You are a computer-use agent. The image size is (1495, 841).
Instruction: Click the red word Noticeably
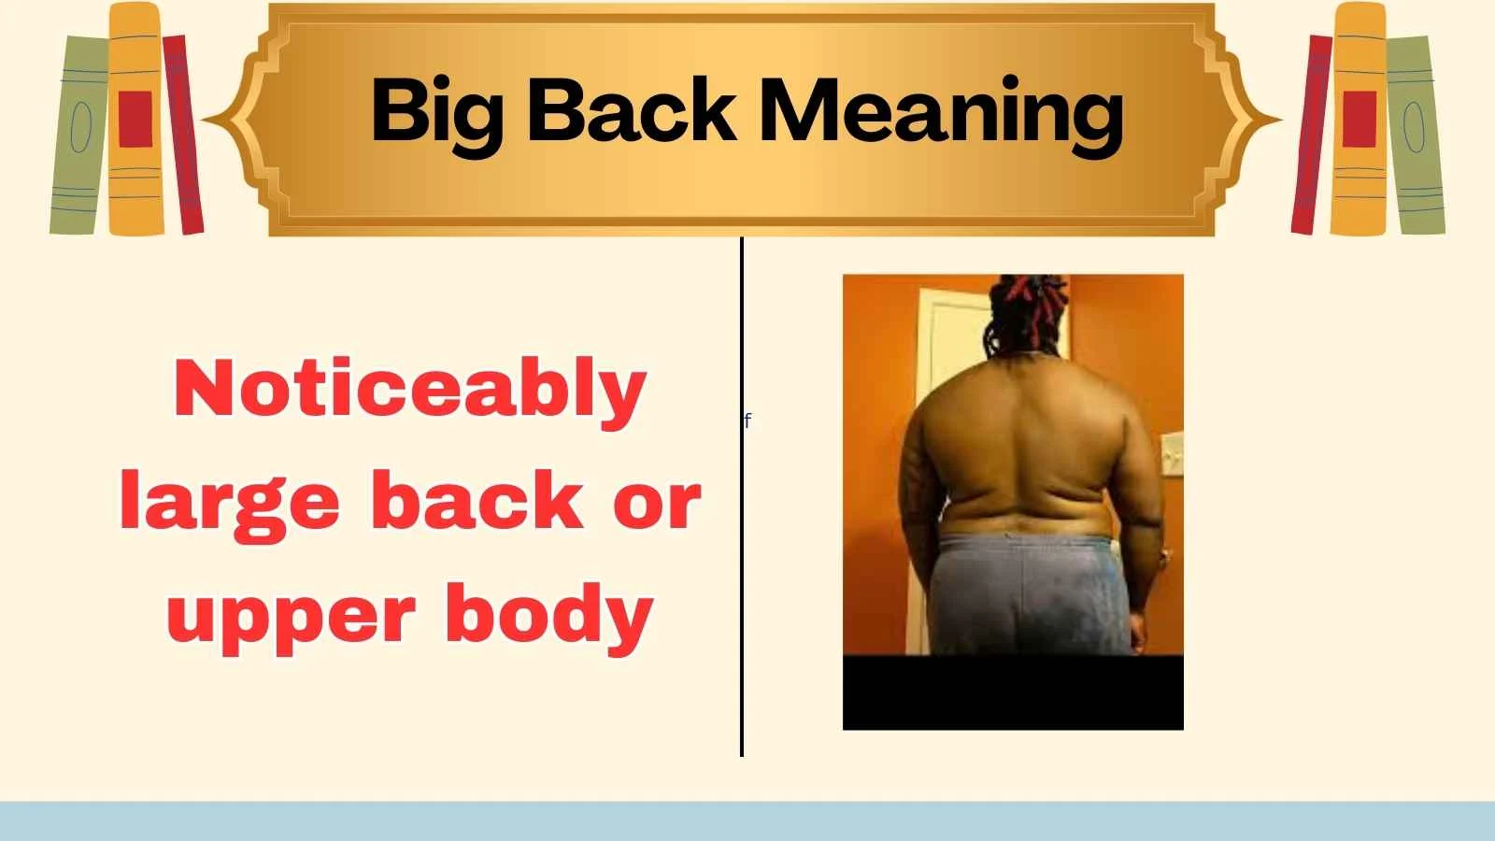(410, 390)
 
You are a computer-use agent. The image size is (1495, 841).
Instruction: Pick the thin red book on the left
(183, 135)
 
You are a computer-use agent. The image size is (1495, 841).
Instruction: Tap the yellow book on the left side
(135, 119)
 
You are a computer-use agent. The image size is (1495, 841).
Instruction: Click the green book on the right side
(1415, 136)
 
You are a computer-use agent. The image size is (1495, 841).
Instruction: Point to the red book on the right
(1310, 135)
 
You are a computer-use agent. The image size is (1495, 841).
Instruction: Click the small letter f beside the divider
(747, 421)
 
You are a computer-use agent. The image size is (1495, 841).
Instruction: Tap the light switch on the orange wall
(1171, 458)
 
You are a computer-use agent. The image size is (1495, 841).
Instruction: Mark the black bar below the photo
(1013, 692)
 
